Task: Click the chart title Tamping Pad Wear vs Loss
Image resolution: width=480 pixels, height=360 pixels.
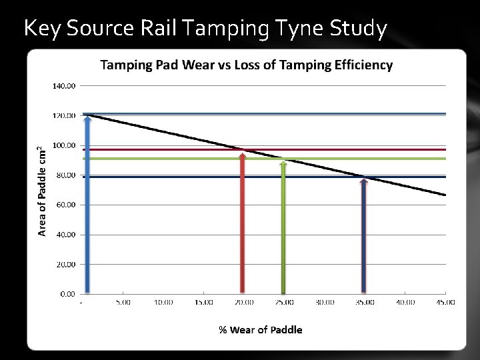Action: [x=246, y=65]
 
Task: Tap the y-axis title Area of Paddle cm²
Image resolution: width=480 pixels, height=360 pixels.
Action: [x=42, y=191]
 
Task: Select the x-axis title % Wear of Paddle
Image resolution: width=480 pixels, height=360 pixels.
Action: [x=261, y=330]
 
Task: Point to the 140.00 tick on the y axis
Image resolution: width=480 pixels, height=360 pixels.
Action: [x=65, y=86]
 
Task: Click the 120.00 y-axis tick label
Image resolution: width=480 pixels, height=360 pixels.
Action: [x=65, y=116]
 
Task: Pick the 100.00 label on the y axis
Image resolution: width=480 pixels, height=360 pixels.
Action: [x=65, y=145]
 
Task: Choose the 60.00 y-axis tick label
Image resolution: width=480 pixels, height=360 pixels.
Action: [x=66, y=205]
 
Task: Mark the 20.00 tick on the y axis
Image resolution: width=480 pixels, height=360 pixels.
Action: [x=66, y=264]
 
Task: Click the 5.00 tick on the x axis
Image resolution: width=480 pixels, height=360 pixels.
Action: [x=123, y=302]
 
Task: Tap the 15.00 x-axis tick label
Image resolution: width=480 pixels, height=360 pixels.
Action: [x=203, y=302]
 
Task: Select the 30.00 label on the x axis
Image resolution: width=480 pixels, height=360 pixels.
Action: [x=325, y=302]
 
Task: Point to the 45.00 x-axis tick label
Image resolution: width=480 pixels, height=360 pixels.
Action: [x=445, y=302]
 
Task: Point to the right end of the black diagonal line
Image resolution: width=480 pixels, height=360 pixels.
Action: [x=445, y=195]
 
